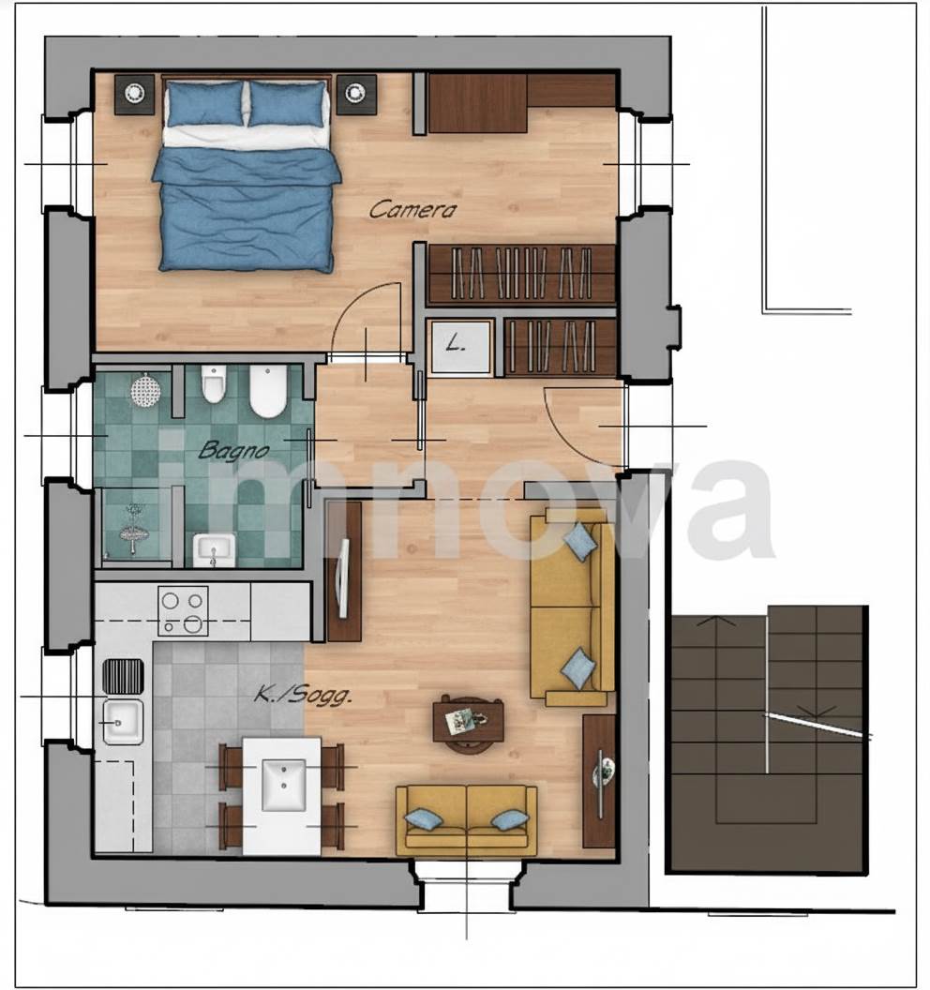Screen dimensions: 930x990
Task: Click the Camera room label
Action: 412,210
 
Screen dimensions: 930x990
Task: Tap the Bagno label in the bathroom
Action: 233,451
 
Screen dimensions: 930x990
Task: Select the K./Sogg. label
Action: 303,696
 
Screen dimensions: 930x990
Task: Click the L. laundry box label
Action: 456,345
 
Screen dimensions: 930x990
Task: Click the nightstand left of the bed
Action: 134,94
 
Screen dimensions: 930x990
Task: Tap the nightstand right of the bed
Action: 356,94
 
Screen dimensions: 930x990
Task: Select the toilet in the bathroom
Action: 214,383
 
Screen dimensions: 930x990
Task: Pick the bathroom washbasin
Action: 214,550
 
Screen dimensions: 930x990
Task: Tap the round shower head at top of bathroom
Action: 146,388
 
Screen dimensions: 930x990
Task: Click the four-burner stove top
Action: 183,610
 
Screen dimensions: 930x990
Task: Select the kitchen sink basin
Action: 123,722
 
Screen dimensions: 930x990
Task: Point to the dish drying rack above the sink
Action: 123,676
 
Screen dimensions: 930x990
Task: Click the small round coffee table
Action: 468,724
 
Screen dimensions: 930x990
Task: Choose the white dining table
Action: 282,796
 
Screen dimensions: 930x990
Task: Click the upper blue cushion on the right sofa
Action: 581,541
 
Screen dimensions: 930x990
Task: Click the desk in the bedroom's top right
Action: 477,103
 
